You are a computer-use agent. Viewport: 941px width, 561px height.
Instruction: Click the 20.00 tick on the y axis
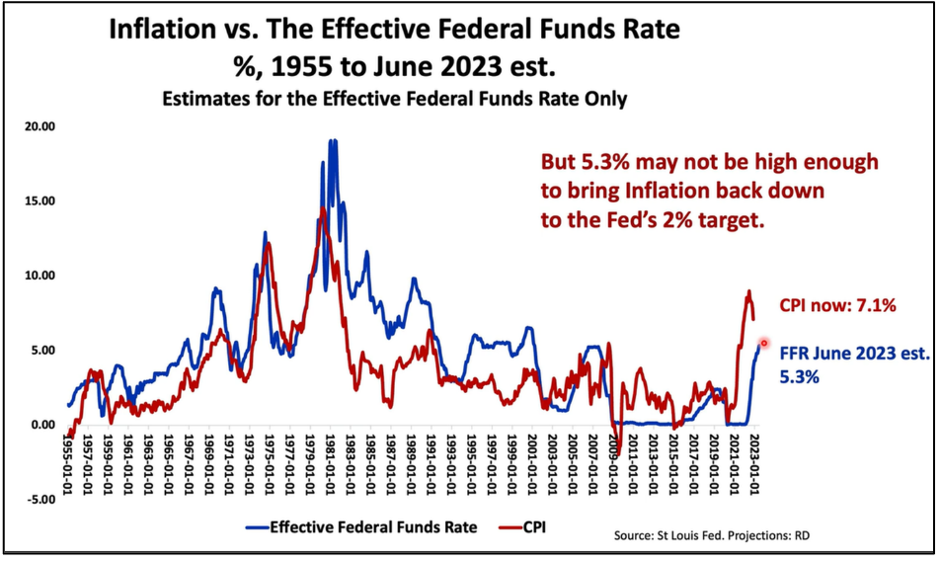[x=39, y=126]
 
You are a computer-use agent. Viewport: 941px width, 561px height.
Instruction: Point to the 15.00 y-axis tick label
[x=39, y=200]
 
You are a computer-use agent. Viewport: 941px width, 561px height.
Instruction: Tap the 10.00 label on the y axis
[x=39, y=276]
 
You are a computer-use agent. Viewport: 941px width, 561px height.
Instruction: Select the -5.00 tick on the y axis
[x=40, y=500]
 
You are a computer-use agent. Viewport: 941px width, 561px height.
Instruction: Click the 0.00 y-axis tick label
[x=42, y=425]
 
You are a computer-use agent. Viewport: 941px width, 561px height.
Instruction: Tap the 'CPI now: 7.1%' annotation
[x=837, y=306]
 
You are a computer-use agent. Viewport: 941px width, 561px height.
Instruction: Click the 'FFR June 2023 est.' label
[x=855, y=353]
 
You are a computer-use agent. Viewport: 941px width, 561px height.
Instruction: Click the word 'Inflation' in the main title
[x=179, y=29]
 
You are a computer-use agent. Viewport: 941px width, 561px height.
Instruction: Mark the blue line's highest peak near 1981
[x=333, y=141]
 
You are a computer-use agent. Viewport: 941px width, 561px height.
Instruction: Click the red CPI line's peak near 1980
[x=323, y=209]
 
